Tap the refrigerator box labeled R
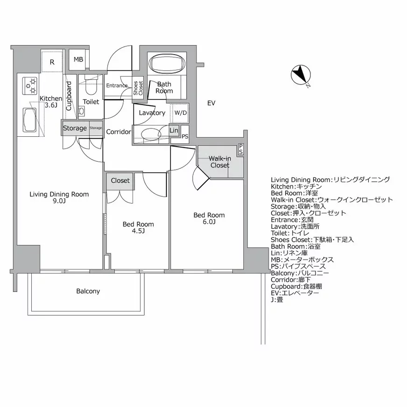coord(52,62)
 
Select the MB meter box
coord(78,60)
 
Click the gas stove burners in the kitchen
coord(31,85)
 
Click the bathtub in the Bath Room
coord(167,64)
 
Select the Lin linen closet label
coord(174,130)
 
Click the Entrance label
coord(117,85)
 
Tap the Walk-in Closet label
coord(219,162)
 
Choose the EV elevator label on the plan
coord(211,103)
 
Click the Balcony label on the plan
coord(88,291)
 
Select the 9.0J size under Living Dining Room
coord(59,202)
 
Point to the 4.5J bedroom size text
coord(138,231)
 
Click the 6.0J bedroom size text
coord(209,222)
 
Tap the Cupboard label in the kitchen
coord(69,96)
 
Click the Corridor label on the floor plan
coord(118,132)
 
